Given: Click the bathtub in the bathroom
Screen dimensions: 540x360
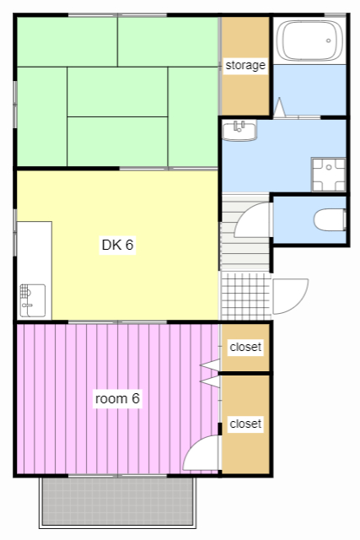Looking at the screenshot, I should tap(309, 40).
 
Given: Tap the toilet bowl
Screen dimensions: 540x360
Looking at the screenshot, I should tap(330, 220).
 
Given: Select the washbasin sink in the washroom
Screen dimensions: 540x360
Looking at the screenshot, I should tap(239, 129).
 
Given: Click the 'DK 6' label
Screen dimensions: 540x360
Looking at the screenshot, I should tap(118, 246).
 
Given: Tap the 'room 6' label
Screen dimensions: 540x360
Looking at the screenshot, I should tap(116, 397).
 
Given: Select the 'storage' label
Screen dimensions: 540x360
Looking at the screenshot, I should tap(245, 65).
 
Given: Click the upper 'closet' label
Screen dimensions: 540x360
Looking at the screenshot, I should tap(245, 347).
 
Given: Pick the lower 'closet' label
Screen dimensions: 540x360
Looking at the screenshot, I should tap(245, 423).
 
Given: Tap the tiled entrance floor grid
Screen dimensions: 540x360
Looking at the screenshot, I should tap(244, 296).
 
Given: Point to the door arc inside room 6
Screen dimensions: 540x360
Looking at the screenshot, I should tap(200, 456).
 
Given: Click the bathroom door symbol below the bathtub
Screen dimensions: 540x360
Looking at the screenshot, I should tap(279, 109).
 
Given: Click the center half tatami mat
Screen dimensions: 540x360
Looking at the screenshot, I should tap(117, 92).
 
